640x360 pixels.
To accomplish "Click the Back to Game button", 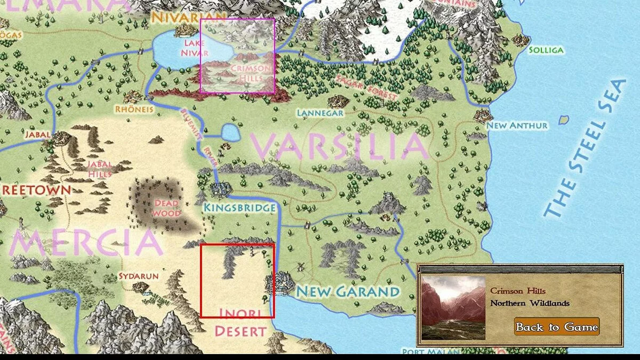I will [557, 327].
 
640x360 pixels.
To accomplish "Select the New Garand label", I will [348, 292].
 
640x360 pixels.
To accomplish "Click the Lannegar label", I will [320, 113].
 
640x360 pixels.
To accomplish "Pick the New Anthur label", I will [517, 126].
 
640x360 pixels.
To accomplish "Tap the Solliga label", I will [546, 50].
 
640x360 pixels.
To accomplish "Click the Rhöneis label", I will [134, 109].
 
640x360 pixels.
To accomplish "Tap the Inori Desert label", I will [240, 323].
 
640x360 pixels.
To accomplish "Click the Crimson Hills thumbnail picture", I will [453, 308].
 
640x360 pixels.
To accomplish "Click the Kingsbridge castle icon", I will [220, 189].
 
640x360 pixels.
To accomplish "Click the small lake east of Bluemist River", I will [230, 132].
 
